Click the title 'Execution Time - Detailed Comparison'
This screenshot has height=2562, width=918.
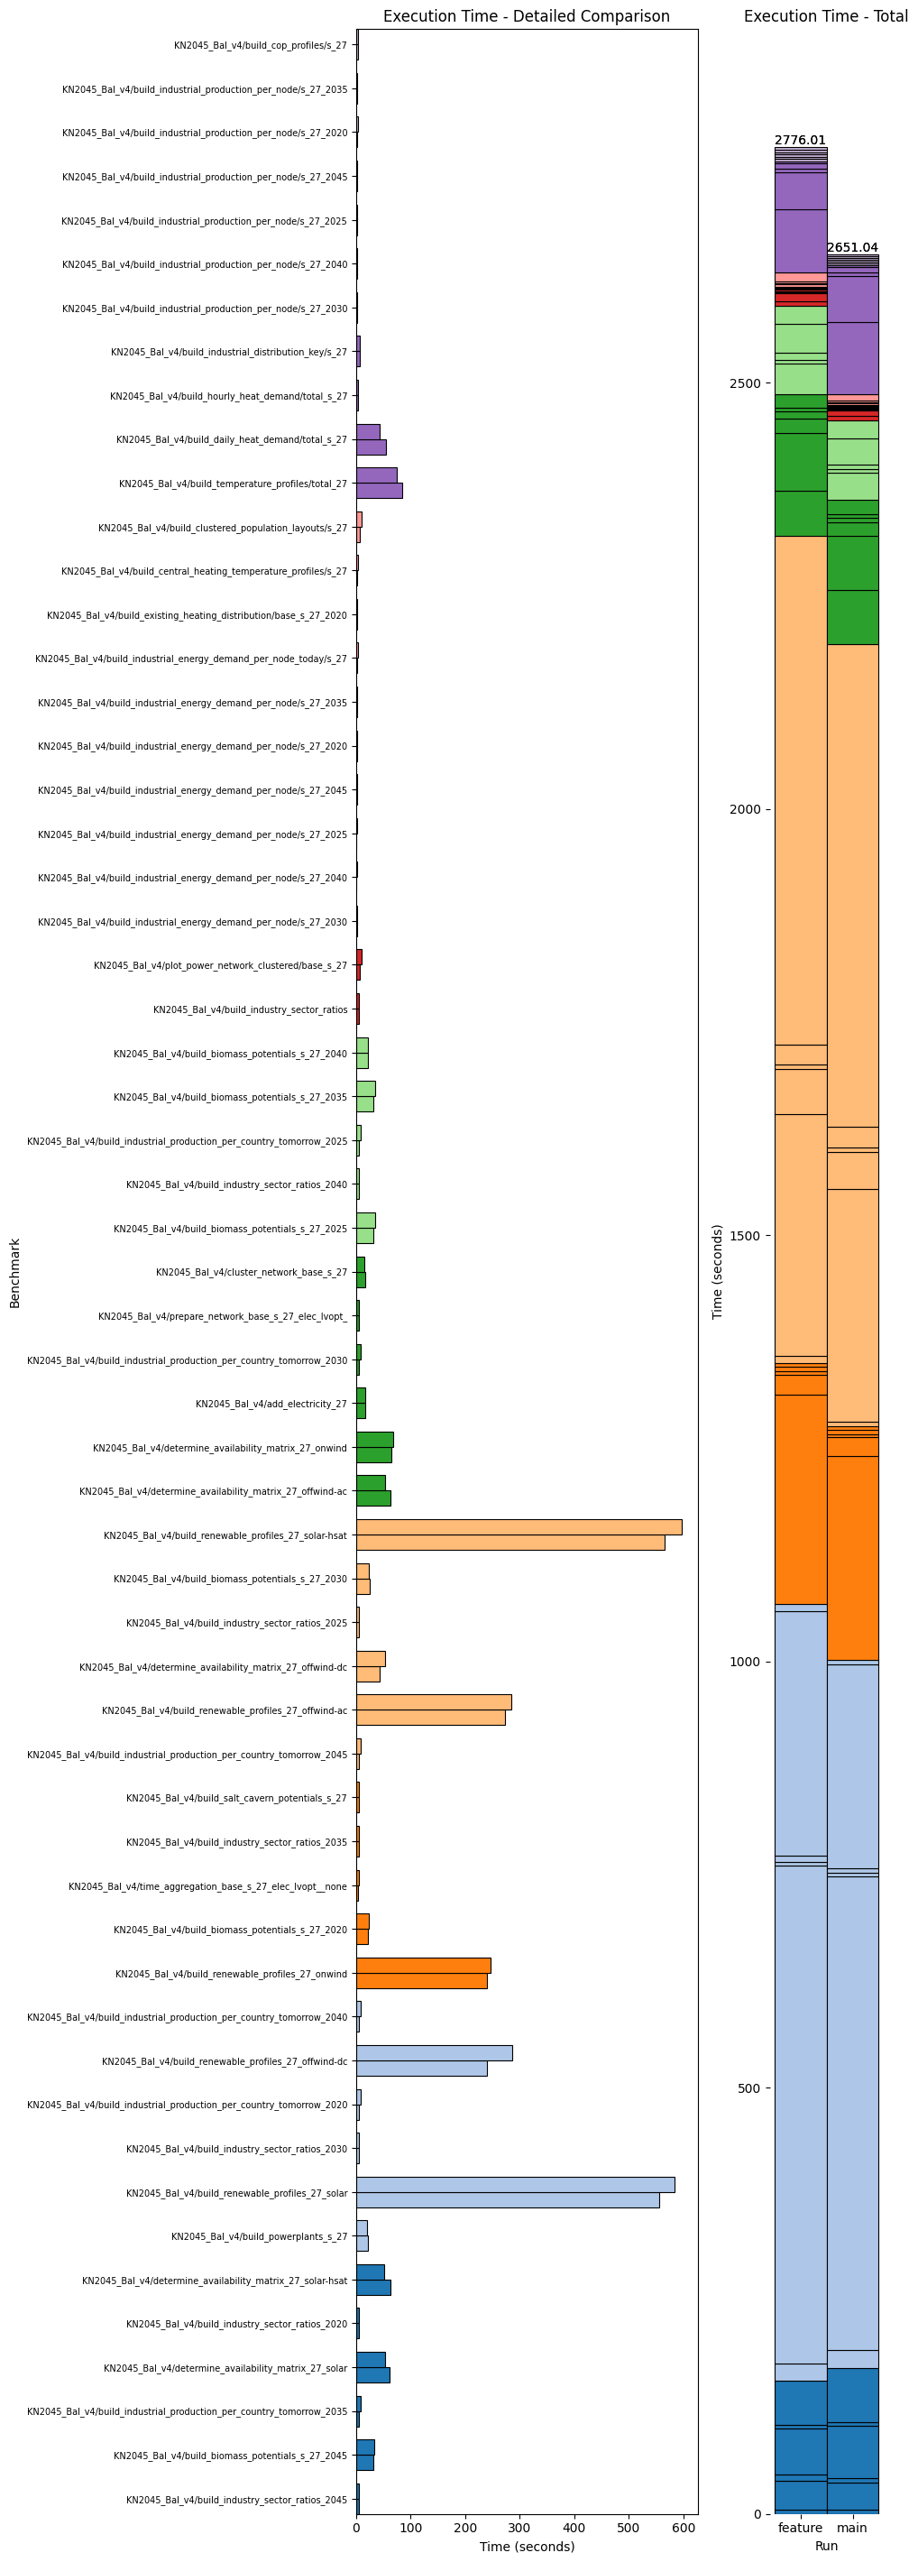[526, 16]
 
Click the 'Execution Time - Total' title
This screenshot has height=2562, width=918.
[824, 16]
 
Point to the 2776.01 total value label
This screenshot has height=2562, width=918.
[800, 140]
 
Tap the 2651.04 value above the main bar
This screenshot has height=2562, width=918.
[852, 248]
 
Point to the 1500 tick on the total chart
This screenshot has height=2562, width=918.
[744, 1235]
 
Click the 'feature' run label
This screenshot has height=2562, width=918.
[800, 2527]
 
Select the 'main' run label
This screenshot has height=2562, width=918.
[852, 2527]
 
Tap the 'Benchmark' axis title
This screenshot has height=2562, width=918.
[15, 1273]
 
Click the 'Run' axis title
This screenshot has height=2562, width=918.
[825, 2546]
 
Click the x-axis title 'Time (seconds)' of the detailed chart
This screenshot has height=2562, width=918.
[526, 2546]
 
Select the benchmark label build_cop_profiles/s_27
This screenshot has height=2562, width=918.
[261, 46]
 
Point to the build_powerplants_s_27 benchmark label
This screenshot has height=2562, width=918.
[259, 2236]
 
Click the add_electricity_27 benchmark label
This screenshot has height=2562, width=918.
[271, 1405]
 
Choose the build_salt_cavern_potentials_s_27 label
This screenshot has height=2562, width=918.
[236, 1798]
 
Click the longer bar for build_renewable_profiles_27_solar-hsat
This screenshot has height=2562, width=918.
[519, 1527]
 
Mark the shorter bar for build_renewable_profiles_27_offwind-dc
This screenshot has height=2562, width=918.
[422, 2069]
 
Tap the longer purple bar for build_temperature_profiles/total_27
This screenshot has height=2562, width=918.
[379, 491]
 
